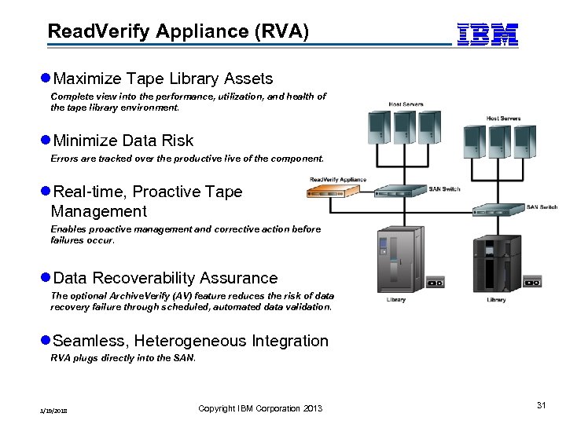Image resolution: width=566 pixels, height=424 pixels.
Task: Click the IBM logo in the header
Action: coord(487,34)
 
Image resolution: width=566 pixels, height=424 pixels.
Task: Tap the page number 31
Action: coord(541,404)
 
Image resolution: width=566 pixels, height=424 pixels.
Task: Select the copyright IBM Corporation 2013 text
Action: coord(260,408)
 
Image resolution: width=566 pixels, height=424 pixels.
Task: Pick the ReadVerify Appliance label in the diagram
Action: coord(338,180)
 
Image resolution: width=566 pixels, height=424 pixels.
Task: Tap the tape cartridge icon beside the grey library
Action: coord(436,280)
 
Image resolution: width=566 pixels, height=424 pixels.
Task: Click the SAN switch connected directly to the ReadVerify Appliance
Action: coord(401,192)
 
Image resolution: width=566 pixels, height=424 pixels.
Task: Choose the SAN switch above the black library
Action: coord(498,210)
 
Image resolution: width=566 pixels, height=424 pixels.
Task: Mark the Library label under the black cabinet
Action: coord(496,300)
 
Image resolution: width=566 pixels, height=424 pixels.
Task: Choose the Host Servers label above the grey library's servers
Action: coord(406,104)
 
